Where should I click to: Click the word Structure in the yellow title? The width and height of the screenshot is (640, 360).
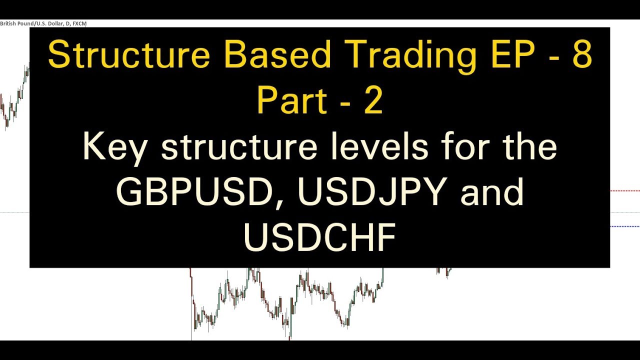click(129, 55)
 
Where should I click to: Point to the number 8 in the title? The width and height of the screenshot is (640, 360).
click(581, 55)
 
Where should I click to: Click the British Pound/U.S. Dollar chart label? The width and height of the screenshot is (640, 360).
click(43, 23)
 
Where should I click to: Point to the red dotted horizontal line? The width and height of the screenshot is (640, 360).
click(624, 191)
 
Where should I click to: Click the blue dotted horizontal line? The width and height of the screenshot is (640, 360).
click(624, 226)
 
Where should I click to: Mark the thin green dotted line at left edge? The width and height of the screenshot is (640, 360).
click(14, 212)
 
